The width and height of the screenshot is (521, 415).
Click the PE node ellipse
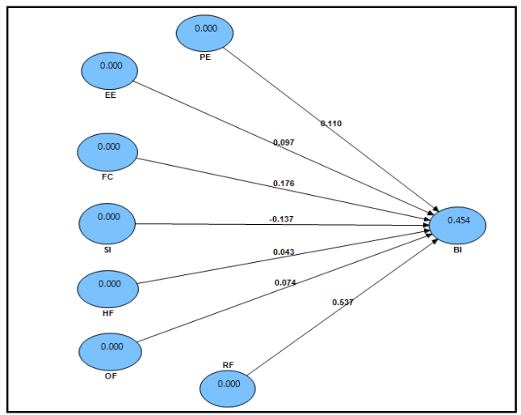(204, 31)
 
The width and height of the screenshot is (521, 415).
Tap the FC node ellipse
(107, 150)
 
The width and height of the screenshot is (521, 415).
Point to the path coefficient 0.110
(331, 123)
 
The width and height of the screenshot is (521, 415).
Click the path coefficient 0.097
(284, 142)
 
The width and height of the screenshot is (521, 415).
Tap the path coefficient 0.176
(284, 184)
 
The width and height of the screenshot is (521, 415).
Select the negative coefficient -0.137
(282, 218)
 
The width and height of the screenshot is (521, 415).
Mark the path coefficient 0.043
(284, 252)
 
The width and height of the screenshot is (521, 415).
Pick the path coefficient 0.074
(284, 282)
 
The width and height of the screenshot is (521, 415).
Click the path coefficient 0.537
(342, 302)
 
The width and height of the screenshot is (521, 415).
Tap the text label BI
(458, 252)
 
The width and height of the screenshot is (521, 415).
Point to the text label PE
(205, 57)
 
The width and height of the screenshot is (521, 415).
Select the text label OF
(111, 375)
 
